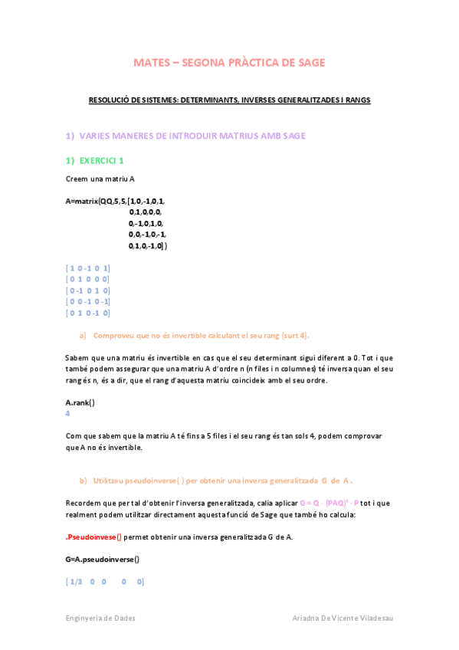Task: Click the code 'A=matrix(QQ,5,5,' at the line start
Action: click(96, 201)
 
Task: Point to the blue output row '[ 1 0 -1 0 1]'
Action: click(88, 268)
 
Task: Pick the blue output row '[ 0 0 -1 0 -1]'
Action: click(89, 302)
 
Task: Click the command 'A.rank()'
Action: click(80, 402)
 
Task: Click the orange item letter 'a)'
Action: click(83, 336)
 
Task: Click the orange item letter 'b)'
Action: click(83, 481)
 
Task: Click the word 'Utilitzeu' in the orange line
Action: click(111, 481)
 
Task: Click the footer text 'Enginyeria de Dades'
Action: click(99, 618)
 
